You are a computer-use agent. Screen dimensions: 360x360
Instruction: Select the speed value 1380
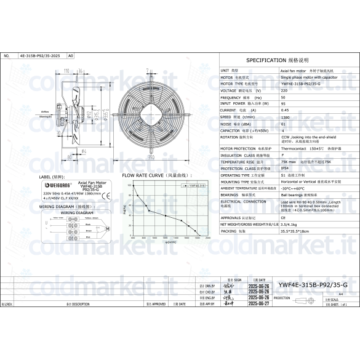pyautogui.click(x=285, y=116)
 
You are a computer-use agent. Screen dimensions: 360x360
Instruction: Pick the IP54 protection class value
pyautogui.click(x=284, y=168)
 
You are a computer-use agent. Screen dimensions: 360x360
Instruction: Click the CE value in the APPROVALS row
pyautogui.click(x=283, y=217)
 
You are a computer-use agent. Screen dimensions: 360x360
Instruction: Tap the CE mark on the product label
pyautogui.click(x=105, y=196)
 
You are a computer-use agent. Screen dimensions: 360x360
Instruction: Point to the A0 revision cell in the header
pyautogui.click(x=70, y=55)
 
